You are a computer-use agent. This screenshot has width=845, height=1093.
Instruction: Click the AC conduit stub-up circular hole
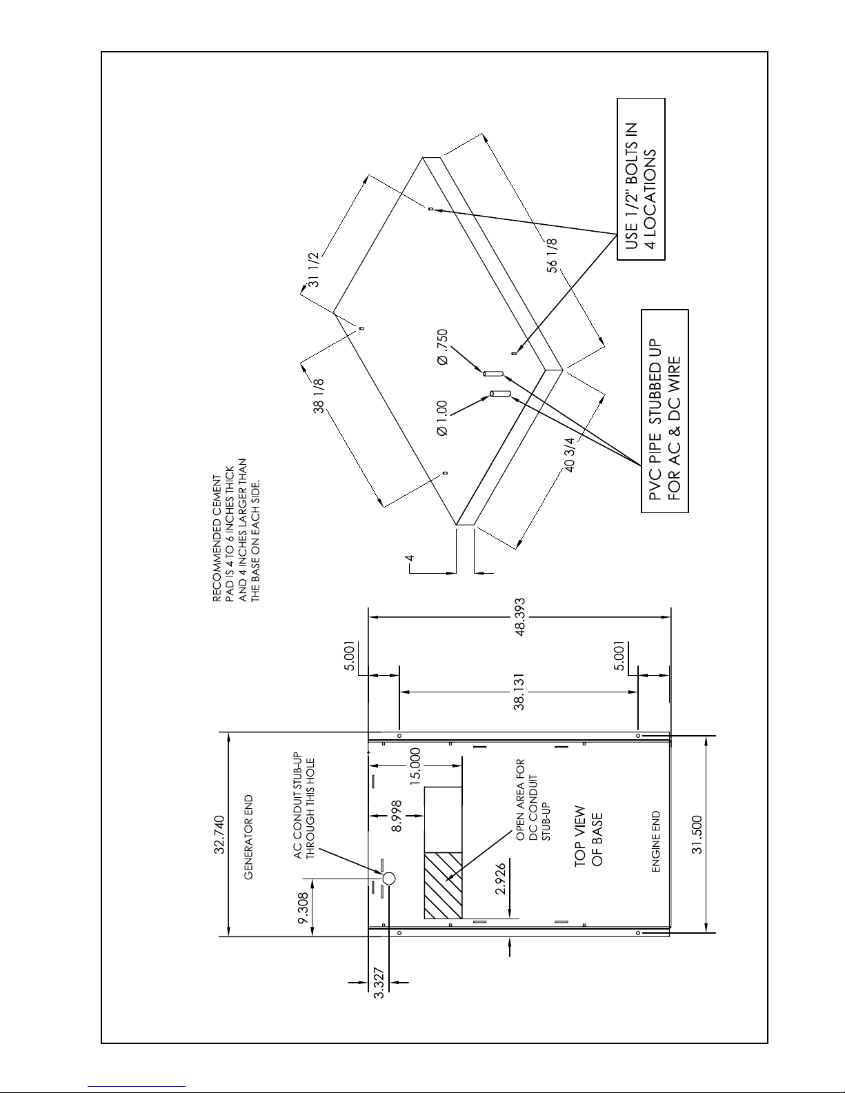click(x=388, y=879)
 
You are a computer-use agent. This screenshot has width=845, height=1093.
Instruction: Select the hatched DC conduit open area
click(x=443, y=885)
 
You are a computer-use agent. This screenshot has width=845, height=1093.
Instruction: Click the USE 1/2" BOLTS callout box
click(x=641, y=179)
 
